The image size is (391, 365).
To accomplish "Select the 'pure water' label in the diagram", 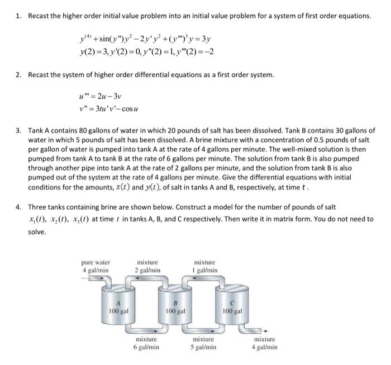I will click(96, 262).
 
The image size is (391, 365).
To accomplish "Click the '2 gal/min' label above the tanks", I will click(147, 270).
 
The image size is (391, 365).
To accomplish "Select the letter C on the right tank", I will click(232, 302).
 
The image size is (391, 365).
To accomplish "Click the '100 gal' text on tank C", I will click(232, 311).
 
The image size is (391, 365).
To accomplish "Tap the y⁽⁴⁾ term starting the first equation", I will click(87, 40).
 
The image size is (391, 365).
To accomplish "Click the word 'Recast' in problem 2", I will click(39, 74).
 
